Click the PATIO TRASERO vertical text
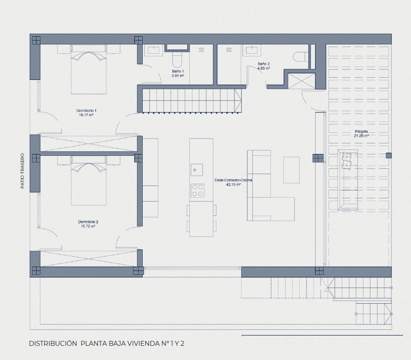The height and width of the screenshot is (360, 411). point(22,171)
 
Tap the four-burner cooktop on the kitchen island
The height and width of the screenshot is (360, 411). point(197,190)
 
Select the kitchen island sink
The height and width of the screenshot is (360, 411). point(196,170)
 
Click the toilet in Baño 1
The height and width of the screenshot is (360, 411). point(176,59)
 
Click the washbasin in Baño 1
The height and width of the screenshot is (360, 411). point(154,49)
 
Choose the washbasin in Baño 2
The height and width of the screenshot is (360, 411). point(251,49)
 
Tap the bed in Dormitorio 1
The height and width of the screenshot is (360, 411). point(89,69)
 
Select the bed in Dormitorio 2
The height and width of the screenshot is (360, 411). point(89,181)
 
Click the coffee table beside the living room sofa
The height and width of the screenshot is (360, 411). point(291,170)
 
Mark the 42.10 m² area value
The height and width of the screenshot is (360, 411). point(233,185)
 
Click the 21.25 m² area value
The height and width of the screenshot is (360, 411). point(361,136)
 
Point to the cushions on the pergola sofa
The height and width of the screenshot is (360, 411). point(347,160)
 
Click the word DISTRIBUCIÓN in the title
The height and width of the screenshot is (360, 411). point(53,344)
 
